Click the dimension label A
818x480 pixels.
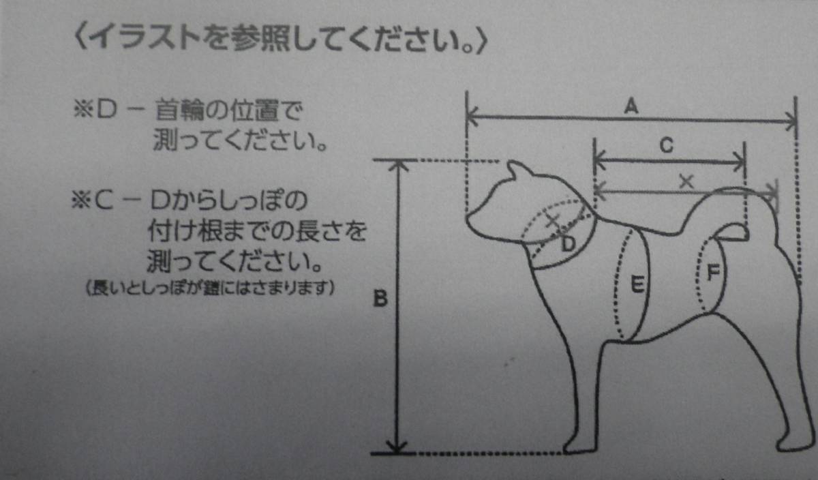(631, 106)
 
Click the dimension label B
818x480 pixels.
(380, 298)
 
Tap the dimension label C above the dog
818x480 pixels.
(667, 145)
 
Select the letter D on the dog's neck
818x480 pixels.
(569, 243)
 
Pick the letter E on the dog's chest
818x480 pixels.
(638, 284)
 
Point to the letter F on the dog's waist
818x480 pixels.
(713, 272)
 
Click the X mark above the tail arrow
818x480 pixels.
(686, 181)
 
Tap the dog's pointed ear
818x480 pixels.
(515, 169)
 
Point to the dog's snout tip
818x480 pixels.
(469, 221)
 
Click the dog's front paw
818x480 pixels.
(580, 447)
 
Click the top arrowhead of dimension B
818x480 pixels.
(397, 165)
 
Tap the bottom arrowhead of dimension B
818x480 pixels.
(397, 447)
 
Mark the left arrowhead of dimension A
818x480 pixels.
(472, 117)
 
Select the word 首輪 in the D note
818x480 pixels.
(179, 110)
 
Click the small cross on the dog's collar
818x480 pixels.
(554, 220)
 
